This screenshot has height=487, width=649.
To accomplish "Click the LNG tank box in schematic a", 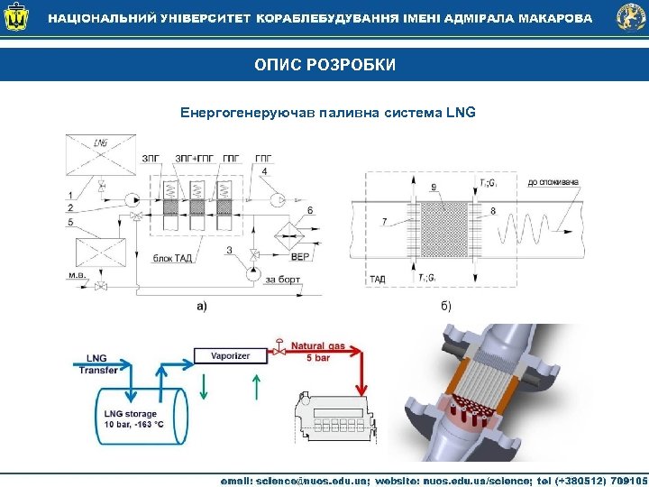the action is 99,154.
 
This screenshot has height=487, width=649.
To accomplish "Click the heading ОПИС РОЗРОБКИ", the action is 324,65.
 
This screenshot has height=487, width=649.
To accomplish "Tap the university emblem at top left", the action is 19,18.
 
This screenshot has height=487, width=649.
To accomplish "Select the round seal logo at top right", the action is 630,18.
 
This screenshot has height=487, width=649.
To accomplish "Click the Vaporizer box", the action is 231,355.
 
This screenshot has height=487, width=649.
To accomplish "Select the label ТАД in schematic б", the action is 378,280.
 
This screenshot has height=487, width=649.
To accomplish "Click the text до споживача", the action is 552,182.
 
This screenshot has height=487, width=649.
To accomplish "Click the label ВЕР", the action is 300,257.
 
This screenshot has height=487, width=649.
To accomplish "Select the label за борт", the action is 282,280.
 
